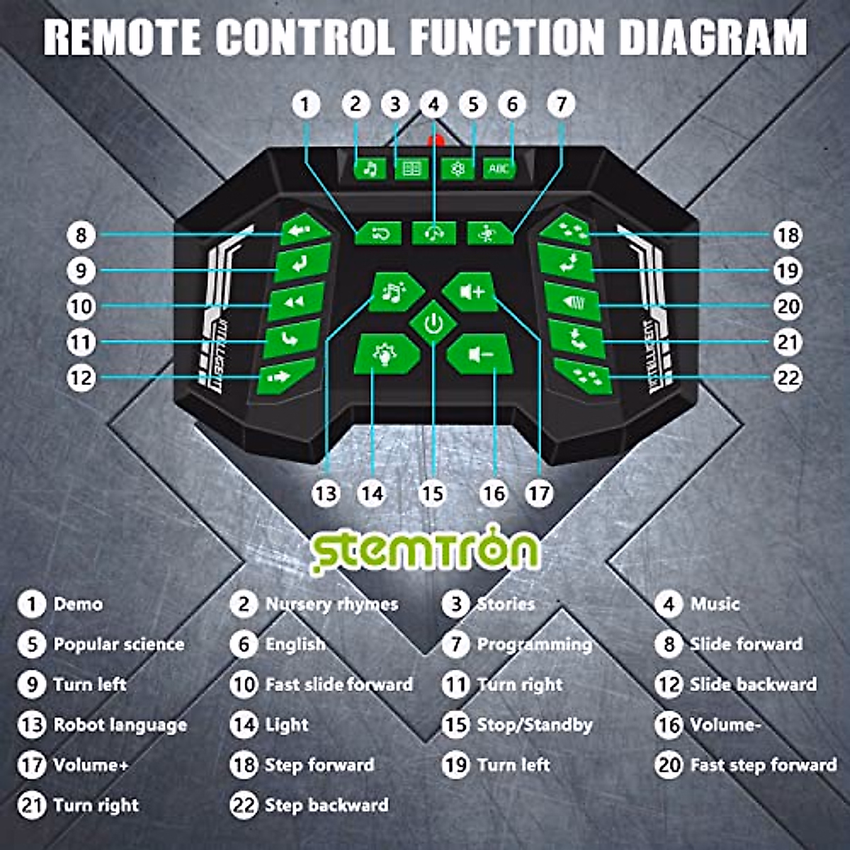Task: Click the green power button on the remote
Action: pos(433,324)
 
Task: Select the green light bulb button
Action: pos(385,354)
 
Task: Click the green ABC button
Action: pos(499,169)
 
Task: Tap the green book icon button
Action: pos(412,169)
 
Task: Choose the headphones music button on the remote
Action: pos(433,232)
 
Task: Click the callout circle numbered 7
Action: pos(560,104)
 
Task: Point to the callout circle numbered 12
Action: pos(81,377)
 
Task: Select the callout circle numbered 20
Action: pos(788,306)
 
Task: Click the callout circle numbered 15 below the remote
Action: pos(432,493)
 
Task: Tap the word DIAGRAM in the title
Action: pos(713,37)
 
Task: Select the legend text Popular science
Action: pos(119,645)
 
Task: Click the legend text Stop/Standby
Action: pos(534,725)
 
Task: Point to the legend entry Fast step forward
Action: pos(763,765)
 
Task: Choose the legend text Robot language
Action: pos(120,725)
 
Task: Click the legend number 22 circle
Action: pos(244,805)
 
